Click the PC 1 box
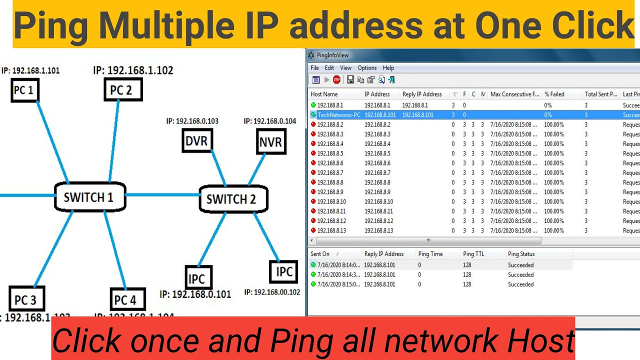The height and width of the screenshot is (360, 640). click(24, 90)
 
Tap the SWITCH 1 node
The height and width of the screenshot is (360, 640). click(89, 197)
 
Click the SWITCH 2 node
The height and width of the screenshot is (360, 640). click(231, 199)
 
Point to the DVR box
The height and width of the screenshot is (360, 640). click(196, 141)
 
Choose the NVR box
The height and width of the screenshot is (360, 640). click(270, 142)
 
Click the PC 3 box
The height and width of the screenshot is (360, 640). click(26, 299)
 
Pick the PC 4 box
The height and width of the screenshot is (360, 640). click(126, 300)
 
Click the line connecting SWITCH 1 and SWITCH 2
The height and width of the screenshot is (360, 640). click(162, 195)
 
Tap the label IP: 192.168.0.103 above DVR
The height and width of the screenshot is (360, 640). click(192, 121)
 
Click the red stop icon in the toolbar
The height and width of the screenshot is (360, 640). click(336, 79)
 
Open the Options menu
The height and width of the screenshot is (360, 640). click(367, 68)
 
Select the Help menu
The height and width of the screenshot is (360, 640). click(388, 68)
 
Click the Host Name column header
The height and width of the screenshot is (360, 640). click(324, 94)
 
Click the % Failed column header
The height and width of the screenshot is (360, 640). click(554, 94)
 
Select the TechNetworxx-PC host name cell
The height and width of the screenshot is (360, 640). click(338, 115)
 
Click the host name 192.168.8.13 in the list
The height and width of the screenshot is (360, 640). click(331, 230)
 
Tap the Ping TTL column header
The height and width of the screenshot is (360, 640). click(473, 254)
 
